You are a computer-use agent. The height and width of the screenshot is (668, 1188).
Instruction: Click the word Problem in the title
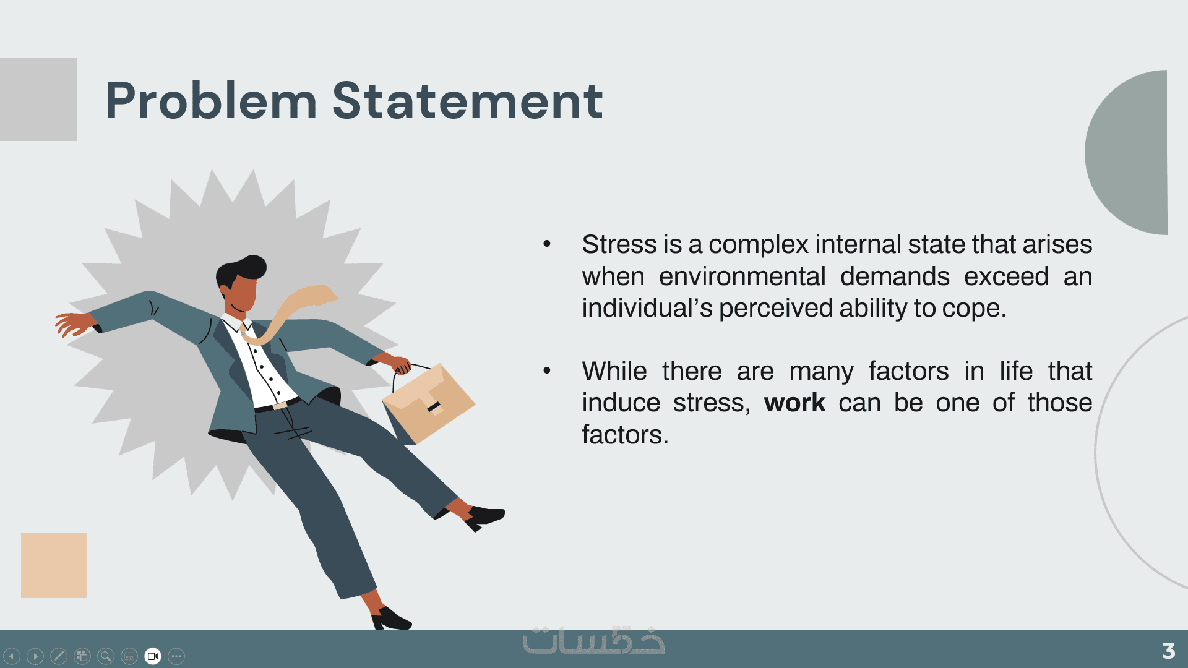[x=211, y=100]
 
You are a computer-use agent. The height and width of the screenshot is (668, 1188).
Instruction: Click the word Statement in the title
[x=468, y=100]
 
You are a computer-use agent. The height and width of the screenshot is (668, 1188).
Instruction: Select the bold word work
[x=794, y=403]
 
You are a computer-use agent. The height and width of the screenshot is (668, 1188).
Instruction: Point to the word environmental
[x=742, y=276]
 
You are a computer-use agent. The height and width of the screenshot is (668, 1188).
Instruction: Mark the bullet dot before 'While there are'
[x=547, y=370]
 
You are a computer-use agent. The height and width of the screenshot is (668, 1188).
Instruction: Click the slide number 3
[x=1168, y=650]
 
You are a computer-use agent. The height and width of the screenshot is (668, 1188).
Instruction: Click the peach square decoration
[x=54, y=565]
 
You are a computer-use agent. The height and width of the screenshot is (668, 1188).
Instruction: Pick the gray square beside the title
[x=38, y=99]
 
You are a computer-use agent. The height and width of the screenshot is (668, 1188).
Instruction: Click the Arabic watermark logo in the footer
[x=593, y=641]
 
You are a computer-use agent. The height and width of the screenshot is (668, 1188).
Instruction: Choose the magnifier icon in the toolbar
[x=106, y=656]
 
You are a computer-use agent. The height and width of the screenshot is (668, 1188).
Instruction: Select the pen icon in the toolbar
[x=59, y=656]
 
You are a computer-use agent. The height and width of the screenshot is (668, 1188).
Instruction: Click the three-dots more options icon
[x=176, y=656]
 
